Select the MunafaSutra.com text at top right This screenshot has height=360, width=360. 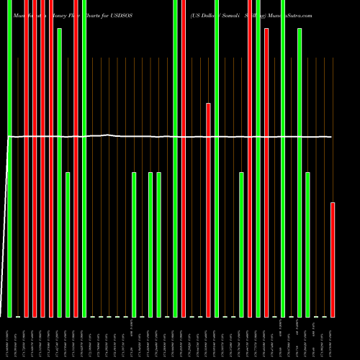[290, 14]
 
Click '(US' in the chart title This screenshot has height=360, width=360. [197, 14]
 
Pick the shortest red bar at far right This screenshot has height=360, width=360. [333, 259]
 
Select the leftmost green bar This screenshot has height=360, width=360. [9, 158]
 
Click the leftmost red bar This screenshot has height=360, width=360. [26, 158]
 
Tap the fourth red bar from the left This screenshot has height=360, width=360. [51, 158]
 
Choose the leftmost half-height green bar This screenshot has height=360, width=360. [68, 245]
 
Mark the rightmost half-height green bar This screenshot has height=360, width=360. [307, 245]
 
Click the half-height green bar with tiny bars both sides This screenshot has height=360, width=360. [134, 245]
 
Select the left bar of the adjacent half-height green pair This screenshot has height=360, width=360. [150, 245]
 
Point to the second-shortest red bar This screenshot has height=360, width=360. [208, 209]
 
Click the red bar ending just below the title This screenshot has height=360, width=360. [266, 173]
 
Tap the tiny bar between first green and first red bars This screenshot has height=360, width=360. [18, 316]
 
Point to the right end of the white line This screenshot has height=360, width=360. [331, 137]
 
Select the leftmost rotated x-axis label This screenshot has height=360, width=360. [9, 338]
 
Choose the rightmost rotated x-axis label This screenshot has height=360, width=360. [333, 338]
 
